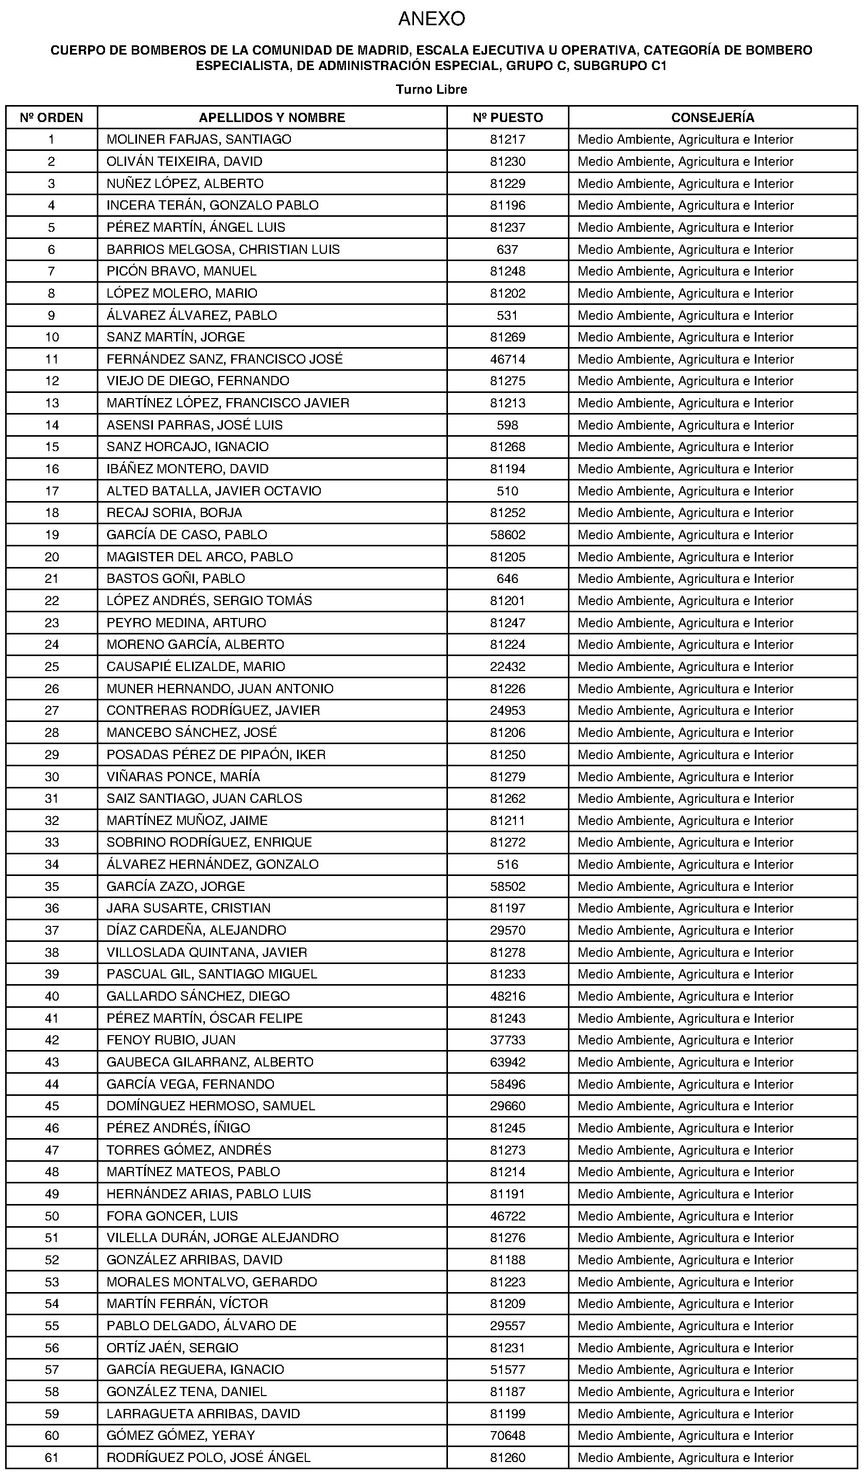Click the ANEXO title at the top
coord(431,20)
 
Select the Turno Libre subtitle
coord(431,89)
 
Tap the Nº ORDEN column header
coord(51,117)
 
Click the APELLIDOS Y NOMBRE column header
coord(272,117)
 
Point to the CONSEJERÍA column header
coord(713,117)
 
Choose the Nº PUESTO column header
coord(508,117)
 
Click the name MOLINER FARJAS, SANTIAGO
coord(199,140)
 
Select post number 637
coord(508,249)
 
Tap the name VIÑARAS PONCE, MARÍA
coord(183,777)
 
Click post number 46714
coord(508,359)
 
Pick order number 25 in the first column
coord(51,667)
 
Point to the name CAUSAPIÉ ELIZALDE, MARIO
coord(196,667)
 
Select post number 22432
coord(508,667)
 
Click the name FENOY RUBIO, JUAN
coord(171,1040)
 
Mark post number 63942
coord(508,1062)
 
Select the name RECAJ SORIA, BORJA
coord(175,513)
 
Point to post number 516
coord(508,864)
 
